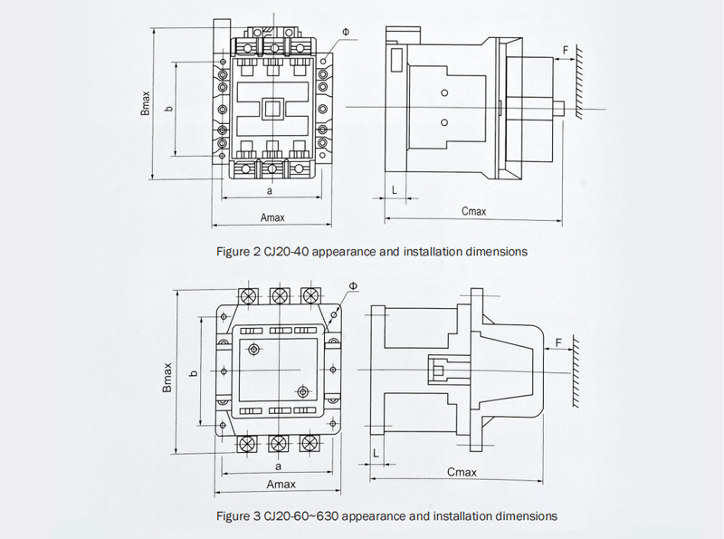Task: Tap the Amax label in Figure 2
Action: click(272, 217)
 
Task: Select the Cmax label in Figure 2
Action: click(473, 211)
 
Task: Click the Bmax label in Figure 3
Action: click(167, 376)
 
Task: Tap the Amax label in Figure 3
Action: click(280, 486)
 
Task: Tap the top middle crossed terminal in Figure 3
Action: click(280, 296)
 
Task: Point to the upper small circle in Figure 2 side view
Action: click(444, 93)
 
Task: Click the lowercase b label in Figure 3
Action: click(192, 373)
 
